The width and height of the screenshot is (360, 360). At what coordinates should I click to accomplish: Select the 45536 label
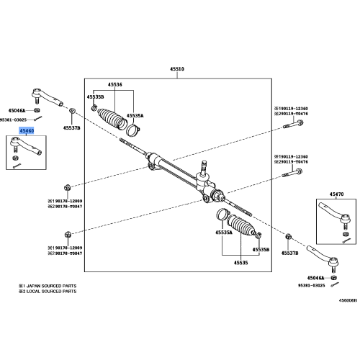coord(115,84)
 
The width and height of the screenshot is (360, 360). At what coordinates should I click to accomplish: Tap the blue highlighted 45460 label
coord(26,131)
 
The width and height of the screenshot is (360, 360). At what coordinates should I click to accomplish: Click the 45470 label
coord(336,194)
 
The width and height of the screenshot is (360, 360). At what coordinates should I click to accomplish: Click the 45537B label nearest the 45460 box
coord(71,128)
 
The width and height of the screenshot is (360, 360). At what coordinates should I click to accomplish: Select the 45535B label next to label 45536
coord(95,96)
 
